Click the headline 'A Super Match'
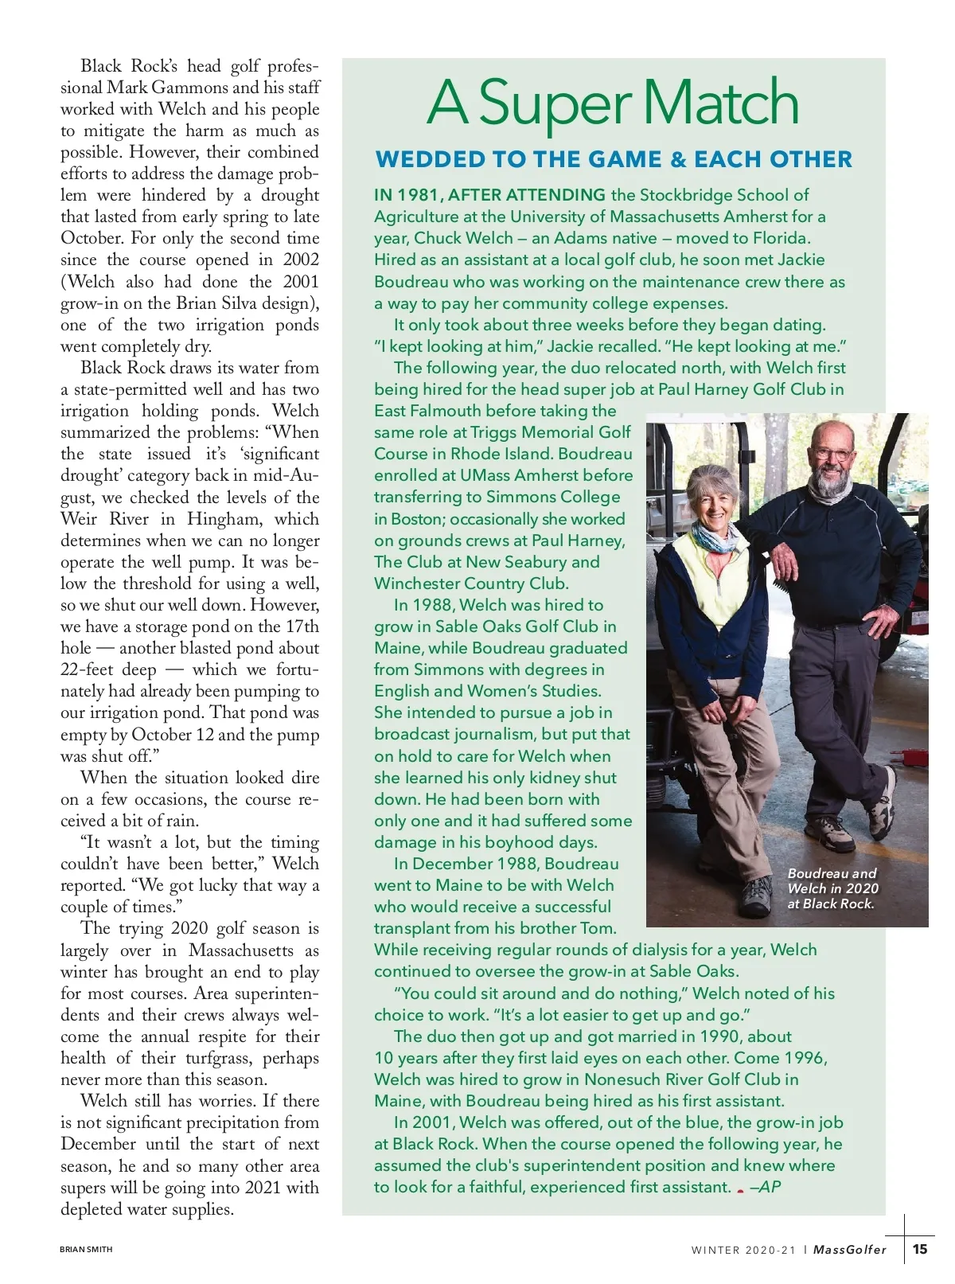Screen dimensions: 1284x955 pos(613,103)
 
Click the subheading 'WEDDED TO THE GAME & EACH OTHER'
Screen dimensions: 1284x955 pos(613,159)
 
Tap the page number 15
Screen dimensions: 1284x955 pos(920,1249)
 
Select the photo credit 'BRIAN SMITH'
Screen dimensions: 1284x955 pos(86,1250)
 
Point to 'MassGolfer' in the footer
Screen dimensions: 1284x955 pos(850,1250)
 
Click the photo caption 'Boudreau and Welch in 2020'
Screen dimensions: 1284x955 pos(832,881)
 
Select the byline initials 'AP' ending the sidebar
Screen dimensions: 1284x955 pos(770,1187)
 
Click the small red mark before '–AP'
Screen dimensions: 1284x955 pos(740,1190)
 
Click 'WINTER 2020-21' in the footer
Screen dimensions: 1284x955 pos(743,1250)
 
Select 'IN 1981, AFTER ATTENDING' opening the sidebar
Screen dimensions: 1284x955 pos(489,195)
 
